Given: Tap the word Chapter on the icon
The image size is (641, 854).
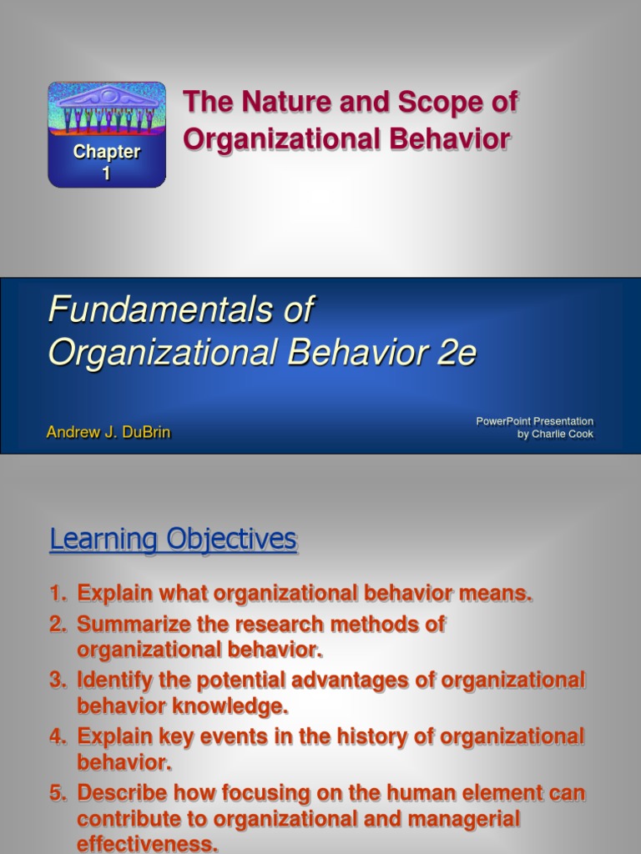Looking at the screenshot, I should pyautogui.click(x=106, y=152).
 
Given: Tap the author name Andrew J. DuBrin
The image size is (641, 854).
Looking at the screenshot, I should pyautogui.click(x=109, y=433).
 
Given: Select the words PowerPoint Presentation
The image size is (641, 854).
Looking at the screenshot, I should pyautogui.click(x=534, y=421).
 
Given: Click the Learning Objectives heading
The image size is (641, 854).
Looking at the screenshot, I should pyautogui.click(x=173, y=540).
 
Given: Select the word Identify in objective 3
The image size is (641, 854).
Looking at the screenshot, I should pyautogui.click(x=114, y=680).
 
